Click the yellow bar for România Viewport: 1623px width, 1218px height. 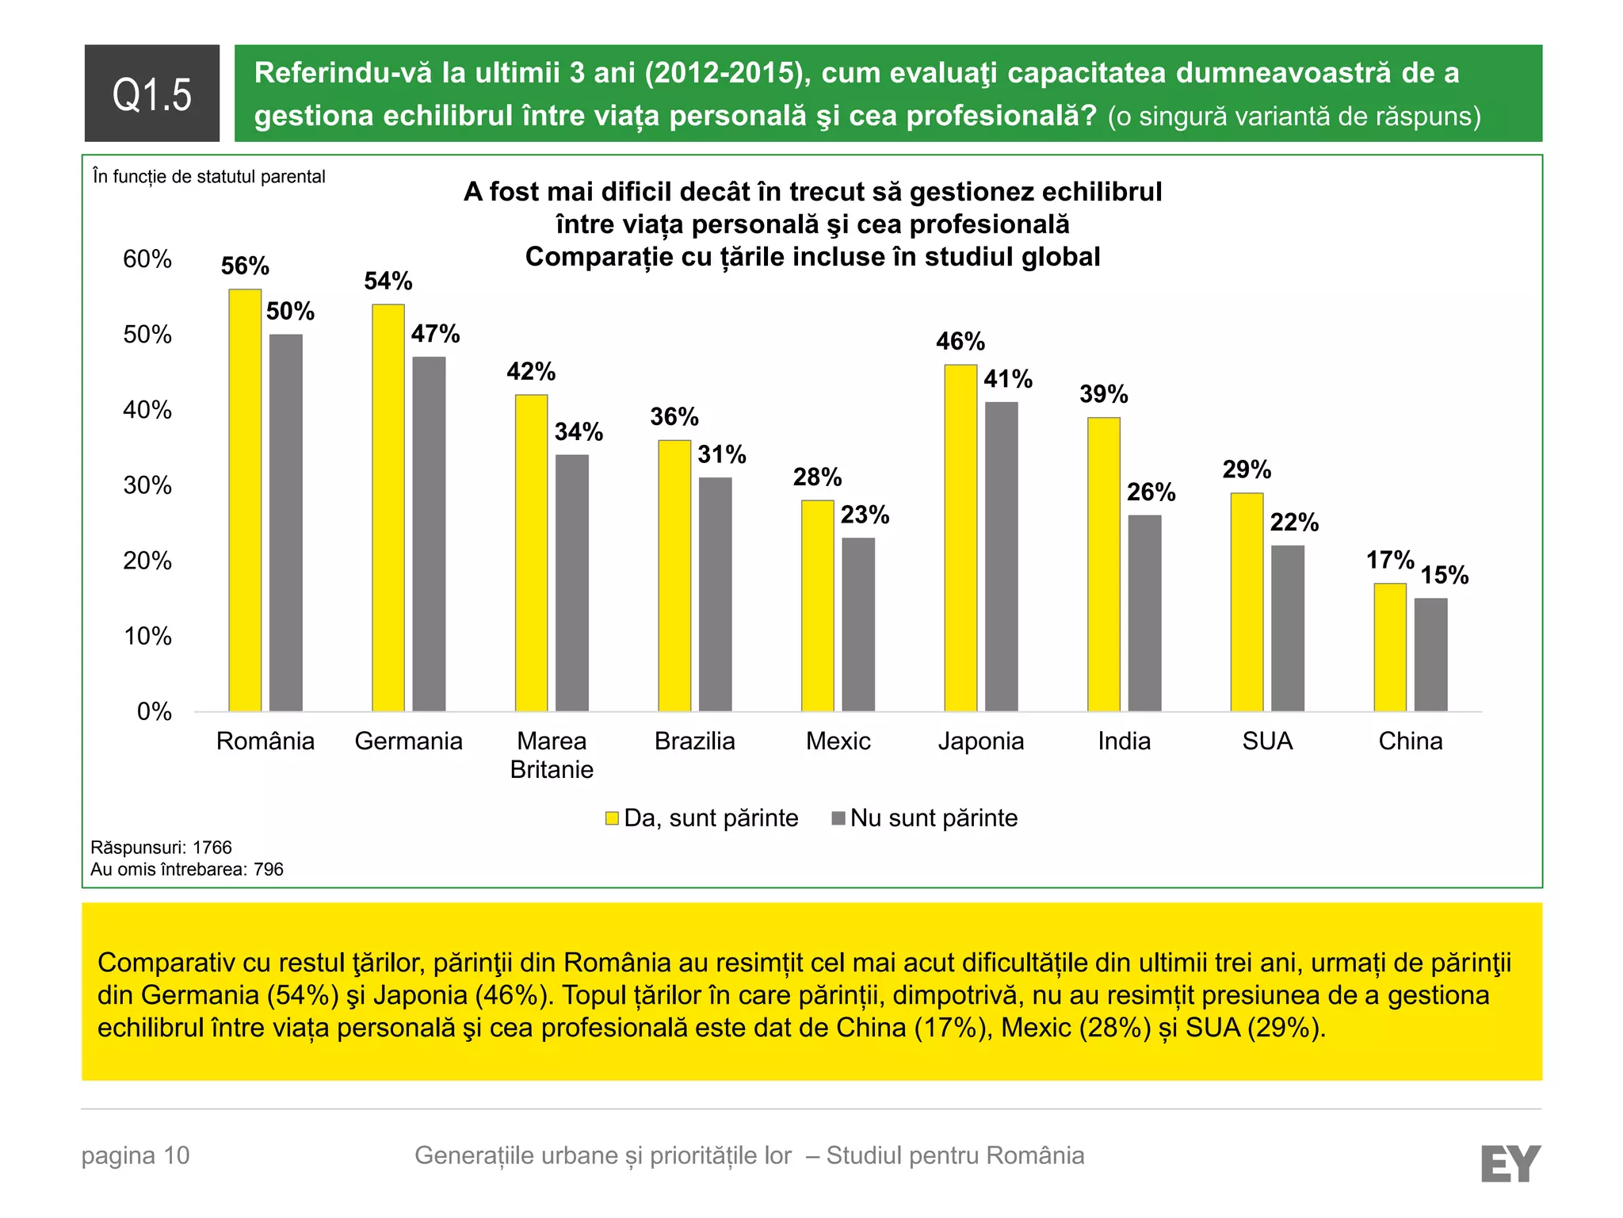245,500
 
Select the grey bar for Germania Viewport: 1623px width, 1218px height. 429,534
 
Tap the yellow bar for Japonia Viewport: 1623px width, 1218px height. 960,538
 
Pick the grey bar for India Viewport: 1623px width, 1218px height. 1144,613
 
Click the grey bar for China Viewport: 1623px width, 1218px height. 1430,654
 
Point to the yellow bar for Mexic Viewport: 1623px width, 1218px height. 817,605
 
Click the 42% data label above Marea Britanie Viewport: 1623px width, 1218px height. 531,371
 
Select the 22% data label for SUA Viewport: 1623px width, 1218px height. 1294,522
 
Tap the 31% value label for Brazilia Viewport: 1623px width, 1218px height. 721,454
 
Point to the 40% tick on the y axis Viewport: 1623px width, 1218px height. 147,410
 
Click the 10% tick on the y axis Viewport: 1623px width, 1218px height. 147,636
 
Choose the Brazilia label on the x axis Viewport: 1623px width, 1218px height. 694,741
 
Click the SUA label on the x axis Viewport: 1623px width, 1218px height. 1266,741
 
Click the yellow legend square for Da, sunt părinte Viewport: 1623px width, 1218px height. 612,818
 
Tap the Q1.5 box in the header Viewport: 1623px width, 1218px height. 152,94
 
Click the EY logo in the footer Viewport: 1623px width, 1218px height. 1510,1163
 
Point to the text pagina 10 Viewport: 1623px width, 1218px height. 136,1155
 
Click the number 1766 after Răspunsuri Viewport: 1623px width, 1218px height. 212,848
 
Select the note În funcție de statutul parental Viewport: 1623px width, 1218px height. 208,176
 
